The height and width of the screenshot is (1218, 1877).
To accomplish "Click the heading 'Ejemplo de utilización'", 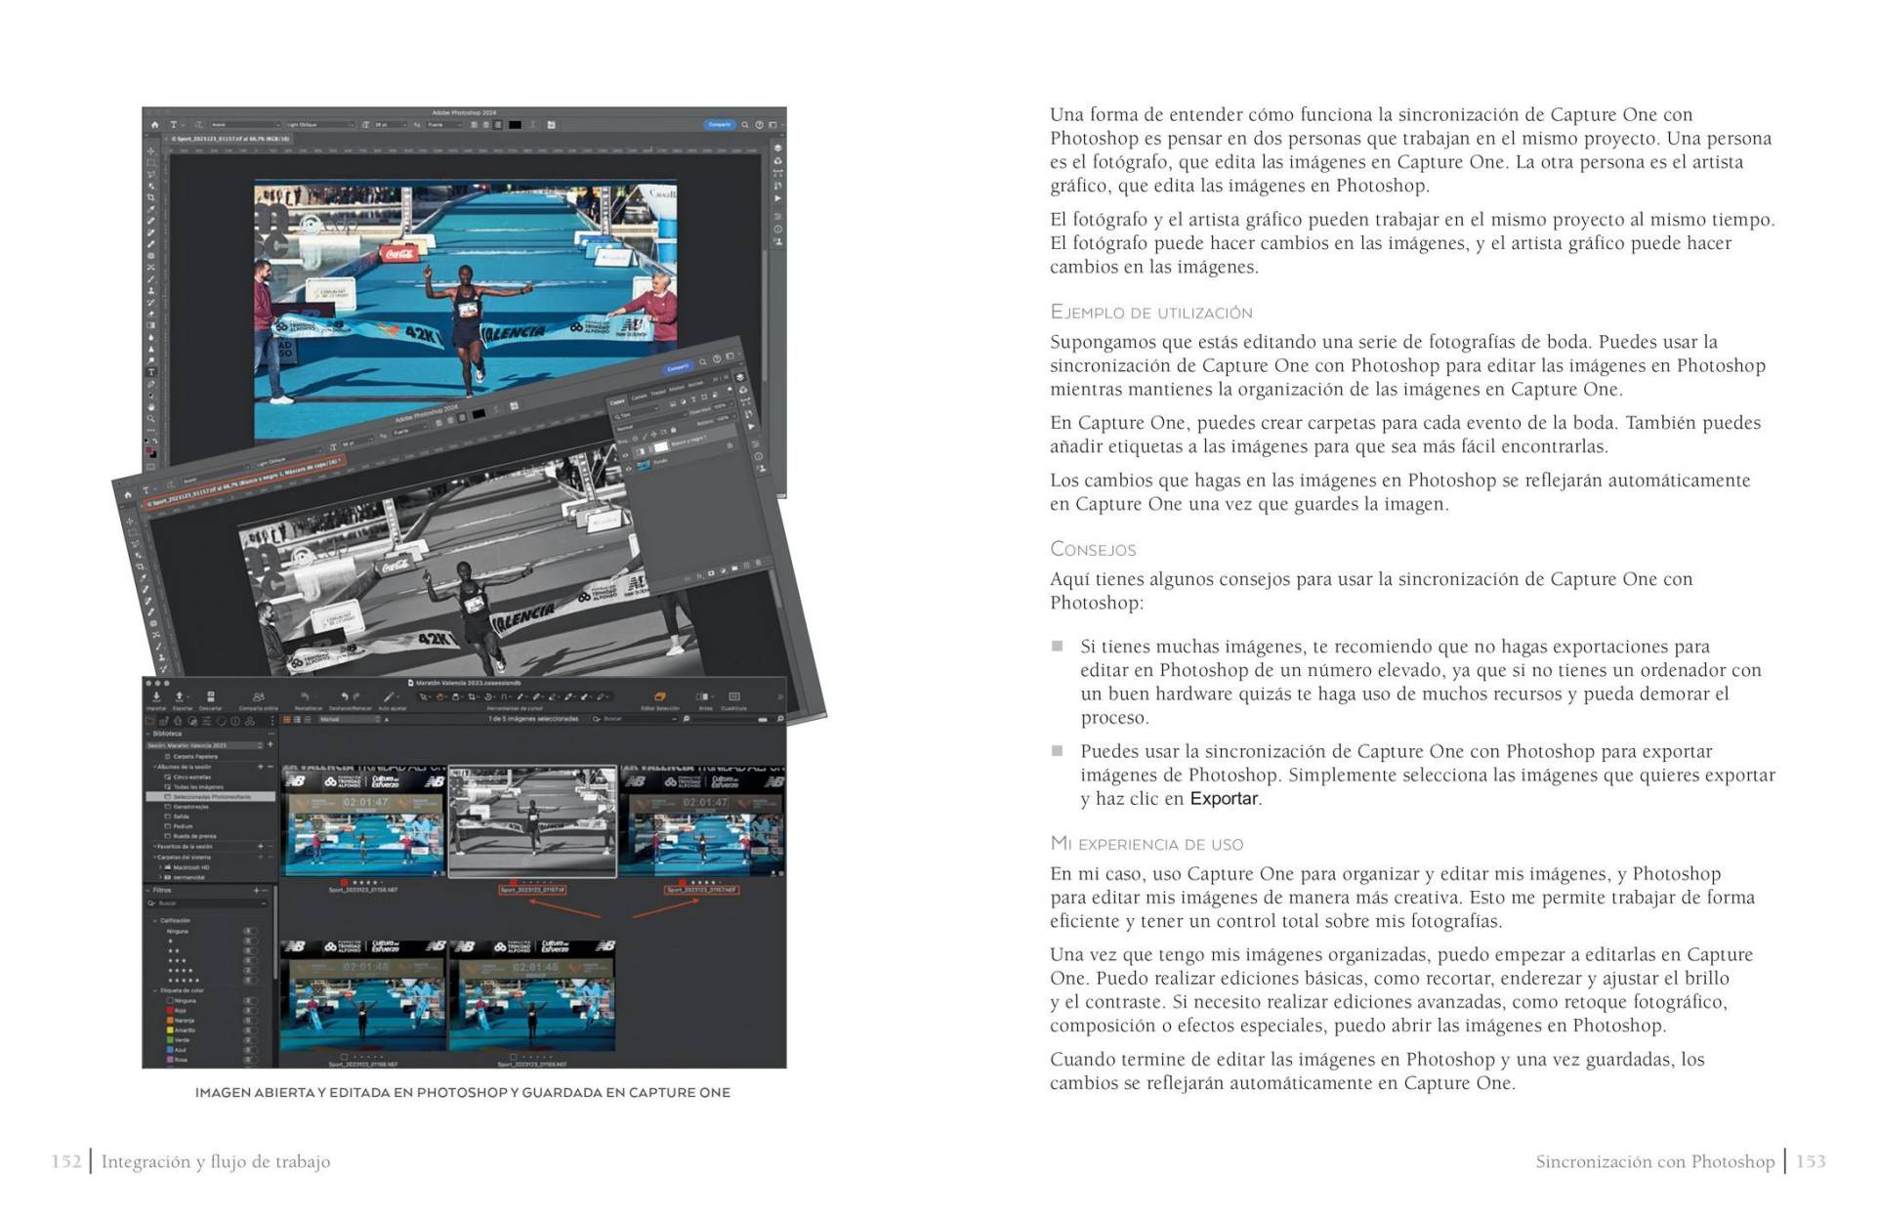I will (1150, 313).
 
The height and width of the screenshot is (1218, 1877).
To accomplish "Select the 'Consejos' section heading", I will (1093, 549).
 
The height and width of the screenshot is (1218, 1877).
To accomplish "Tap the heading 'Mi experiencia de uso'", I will (1147, 844).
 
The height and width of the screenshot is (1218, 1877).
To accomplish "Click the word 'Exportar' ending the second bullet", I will (1224, 799).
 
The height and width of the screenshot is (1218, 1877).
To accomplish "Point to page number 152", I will (66, 1161).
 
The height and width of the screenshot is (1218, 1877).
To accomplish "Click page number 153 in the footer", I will (1811, 1161).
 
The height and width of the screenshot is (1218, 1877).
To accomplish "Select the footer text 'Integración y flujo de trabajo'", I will (216, 1161).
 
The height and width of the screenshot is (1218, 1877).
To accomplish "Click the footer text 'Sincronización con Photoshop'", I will (1654, 1161).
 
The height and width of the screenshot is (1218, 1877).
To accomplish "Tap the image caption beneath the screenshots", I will (463, 1092).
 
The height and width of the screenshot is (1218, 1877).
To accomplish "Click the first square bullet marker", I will (1057, 646).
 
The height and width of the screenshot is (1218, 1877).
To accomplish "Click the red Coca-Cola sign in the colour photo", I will (398, 254).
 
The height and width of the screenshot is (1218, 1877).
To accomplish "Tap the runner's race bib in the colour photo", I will (469, 309).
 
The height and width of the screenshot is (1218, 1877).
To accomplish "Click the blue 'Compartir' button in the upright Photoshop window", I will (719, 125).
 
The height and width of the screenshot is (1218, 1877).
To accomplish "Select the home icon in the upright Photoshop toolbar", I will (154, 125).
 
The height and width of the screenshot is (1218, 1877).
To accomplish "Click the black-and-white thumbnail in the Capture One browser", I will (532, 822).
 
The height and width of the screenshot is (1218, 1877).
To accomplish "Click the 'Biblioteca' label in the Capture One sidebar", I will (168, 734).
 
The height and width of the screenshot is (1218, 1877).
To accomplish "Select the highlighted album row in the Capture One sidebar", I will (210, 797).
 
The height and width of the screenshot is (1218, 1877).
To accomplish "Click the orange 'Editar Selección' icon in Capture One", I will (660, 697).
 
